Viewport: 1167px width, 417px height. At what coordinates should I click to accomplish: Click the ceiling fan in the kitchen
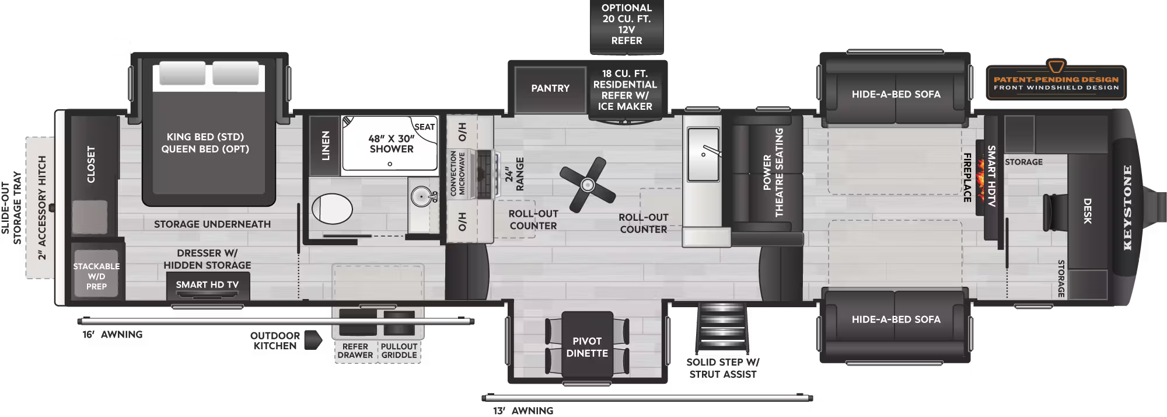587,185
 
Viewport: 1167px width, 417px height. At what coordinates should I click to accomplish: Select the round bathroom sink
421,197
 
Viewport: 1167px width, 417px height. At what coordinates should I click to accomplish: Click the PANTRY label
550,88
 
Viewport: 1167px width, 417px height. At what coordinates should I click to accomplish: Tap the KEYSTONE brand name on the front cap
1127,208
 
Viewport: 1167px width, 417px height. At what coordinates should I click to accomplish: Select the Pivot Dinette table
587,346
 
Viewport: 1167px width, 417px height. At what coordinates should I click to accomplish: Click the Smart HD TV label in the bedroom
207,284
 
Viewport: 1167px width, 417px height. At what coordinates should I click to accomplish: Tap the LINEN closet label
326,145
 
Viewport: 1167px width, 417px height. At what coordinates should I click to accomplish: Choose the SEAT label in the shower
424,127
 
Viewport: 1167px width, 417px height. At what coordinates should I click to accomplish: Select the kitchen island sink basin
704,155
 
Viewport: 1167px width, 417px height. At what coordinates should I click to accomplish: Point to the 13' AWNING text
523,411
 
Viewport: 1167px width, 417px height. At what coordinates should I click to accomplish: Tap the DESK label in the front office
1087,211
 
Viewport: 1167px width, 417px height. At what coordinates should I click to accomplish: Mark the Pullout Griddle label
399,350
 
